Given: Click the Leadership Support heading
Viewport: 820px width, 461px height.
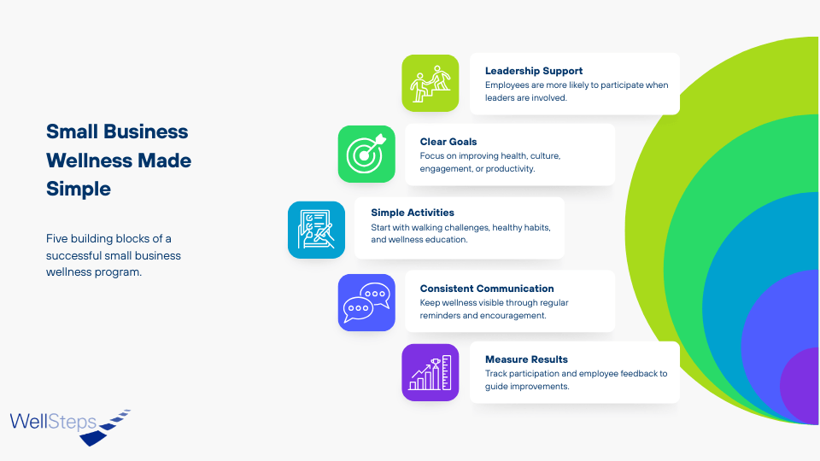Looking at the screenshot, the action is point(533,71).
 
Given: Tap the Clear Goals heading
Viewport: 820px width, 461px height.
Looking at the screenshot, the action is point(448,142).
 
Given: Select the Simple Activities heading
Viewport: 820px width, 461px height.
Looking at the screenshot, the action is point(413,213).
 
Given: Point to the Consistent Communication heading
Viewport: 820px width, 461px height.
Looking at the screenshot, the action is point(487,289).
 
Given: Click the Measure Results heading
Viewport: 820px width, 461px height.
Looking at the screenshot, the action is point(526,359).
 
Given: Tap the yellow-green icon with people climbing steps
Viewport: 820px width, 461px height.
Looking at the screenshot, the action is point(430,83).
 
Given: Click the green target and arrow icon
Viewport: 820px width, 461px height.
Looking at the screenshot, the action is point(366,155).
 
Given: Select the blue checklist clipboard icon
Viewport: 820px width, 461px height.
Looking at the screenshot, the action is point(316,230).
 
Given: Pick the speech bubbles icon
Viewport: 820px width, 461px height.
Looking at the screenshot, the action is point(366,302).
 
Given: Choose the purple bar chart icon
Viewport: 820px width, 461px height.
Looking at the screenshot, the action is point(430,373).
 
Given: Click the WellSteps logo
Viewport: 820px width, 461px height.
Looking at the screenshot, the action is point(70,427).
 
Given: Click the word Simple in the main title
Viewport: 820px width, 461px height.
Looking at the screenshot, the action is point(79,190).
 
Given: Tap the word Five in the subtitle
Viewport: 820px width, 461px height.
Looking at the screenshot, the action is point(56,239).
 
